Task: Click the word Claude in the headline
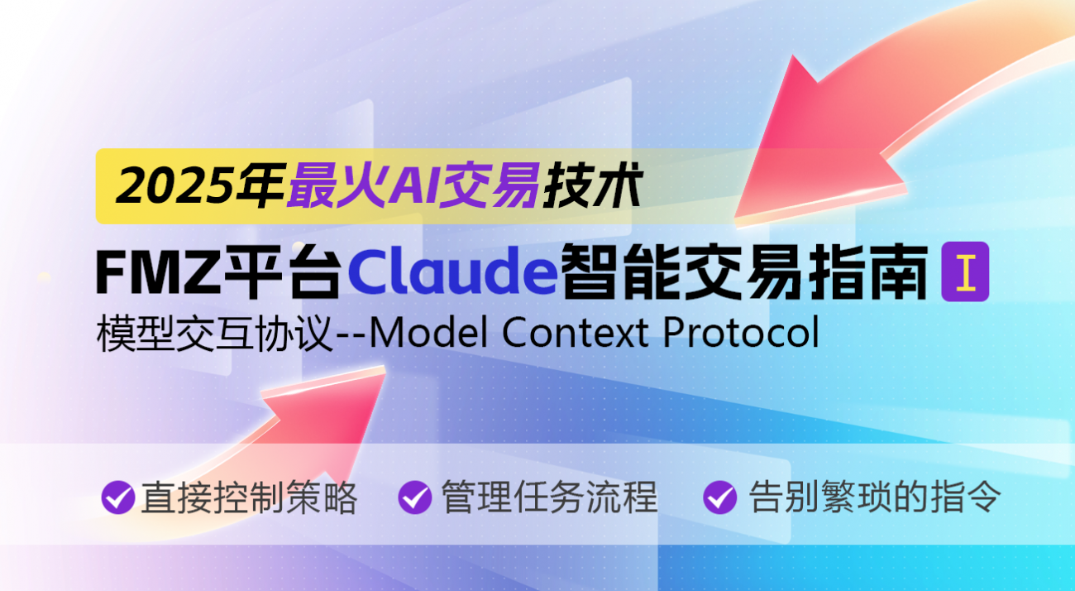[452, 271]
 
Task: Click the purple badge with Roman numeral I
[965, 271]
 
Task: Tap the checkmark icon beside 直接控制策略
[117, 497]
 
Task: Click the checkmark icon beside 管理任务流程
[414, 497]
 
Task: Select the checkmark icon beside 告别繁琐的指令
[719, 497]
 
